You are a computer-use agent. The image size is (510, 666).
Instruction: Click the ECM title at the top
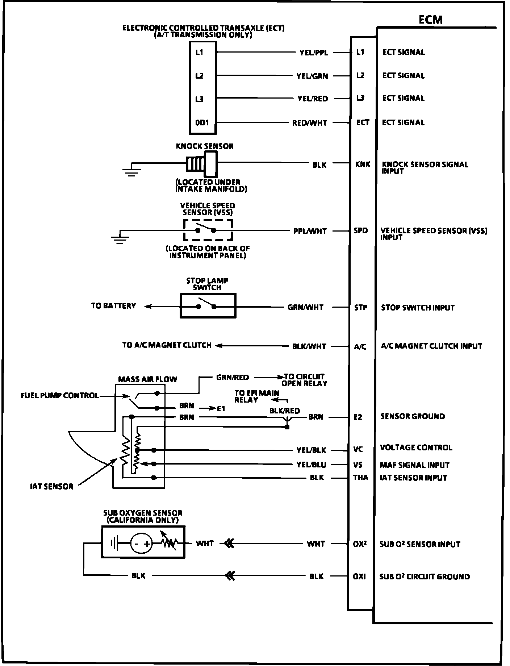point(431,20)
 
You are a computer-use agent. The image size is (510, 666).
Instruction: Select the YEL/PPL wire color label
point(314,53)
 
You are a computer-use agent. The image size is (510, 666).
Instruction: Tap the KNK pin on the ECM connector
point(362,165)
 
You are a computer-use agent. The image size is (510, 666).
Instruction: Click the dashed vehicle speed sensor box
point(208,230)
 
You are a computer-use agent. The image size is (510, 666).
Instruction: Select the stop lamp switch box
point(208,306)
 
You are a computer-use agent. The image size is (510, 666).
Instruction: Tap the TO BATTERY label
point(113,306)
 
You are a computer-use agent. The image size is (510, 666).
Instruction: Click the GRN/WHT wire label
point(305,307)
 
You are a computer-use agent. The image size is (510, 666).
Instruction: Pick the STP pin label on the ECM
point(360,308)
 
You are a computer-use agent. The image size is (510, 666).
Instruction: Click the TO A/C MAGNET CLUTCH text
point(167,345)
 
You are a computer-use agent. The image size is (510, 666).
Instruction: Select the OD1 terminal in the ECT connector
point(202,122)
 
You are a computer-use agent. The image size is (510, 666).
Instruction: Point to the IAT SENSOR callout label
point(51,486)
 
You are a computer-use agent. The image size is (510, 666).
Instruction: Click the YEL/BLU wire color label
point(311,465)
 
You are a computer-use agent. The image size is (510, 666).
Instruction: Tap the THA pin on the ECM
point(360,478)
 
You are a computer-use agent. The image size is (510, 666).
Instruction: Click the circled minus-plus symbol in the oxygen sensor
point(141,544)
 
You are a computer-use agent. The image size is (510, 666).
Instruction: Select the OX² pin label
point(360,544)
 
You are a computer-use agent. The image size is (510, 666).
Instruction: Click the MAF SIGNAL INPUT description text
point(414,465)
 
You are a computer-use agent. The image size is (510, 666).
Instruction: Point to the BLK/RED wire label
point(285,411)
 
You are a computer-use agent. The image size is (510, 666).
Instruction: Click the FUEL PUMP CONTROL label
point(60,395)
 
